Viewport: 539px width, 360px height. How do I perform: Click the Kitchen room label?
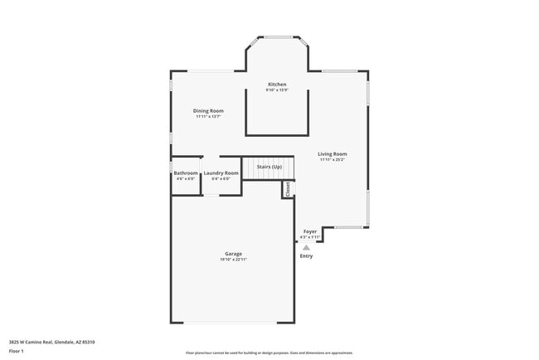point(277,84)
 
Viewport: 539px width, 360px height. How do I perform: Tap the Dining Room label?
point(208,110)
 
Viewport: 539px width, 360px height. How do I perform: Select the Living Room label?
point(333,153)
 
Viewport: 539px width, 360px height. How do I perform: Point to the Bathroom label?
point(186,173)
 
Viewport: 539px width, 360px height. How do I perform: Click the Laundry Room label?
point(221,173)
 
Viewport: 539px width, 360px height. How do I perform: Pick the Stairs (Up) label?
point(269,167)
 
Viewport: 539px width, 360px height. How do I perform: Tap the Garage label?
point(233,254)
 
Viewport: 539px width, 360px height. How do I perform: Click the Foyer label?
point(309,231)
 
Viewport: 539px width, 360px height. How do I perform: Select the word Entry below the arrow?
point(306,255)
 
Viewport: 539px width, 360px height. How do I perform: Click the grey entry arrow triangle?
point(306,247)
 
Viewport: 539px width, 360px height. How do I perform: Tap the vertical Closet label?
point(288,189)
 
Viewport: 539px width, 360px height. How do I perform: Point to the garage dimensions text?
point(233,260)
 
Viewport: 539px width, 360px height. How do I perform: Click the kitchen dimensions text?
point(277,90)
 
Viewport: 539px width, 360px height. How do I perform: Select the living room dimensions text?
point(333,159)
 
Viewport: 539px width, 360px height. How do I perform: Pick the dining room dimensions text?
point(208,117)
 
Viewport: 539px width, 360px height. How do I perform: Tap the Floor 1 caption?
point(17,351)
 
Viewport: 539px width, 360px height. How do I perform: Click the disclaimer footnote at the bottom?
point(270,352)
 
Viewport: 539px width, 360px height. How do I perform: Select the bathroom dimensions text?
point(186,178)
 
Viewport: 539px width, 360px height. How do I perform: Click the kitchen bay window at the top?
point(277,36)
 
